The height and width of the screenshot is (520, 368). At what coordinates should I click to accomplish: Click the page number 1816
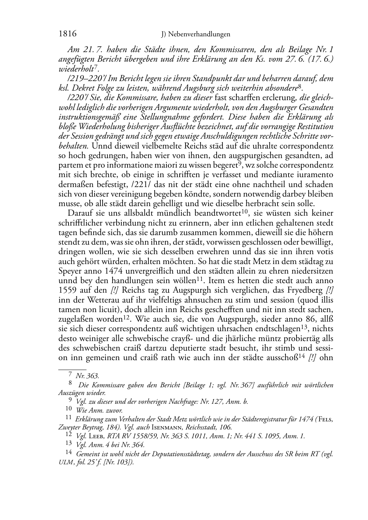[67, 34]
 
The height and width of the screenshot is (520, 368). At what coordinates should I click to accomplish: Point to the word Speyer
[70, 271]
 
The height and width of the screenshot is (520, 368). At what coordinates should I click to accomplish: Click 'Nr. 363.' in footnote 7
[87, 376]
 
